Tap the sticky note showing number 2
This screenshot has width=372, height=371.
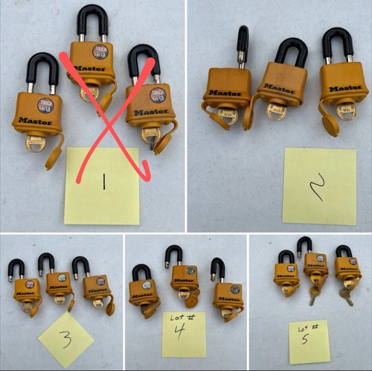click(x=319, y=185)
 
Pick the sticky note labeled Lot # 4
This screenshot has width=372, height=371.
click(x=183, y=334)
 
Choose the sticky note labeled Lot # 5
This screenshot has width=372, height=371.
click(x=309, y=340)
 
